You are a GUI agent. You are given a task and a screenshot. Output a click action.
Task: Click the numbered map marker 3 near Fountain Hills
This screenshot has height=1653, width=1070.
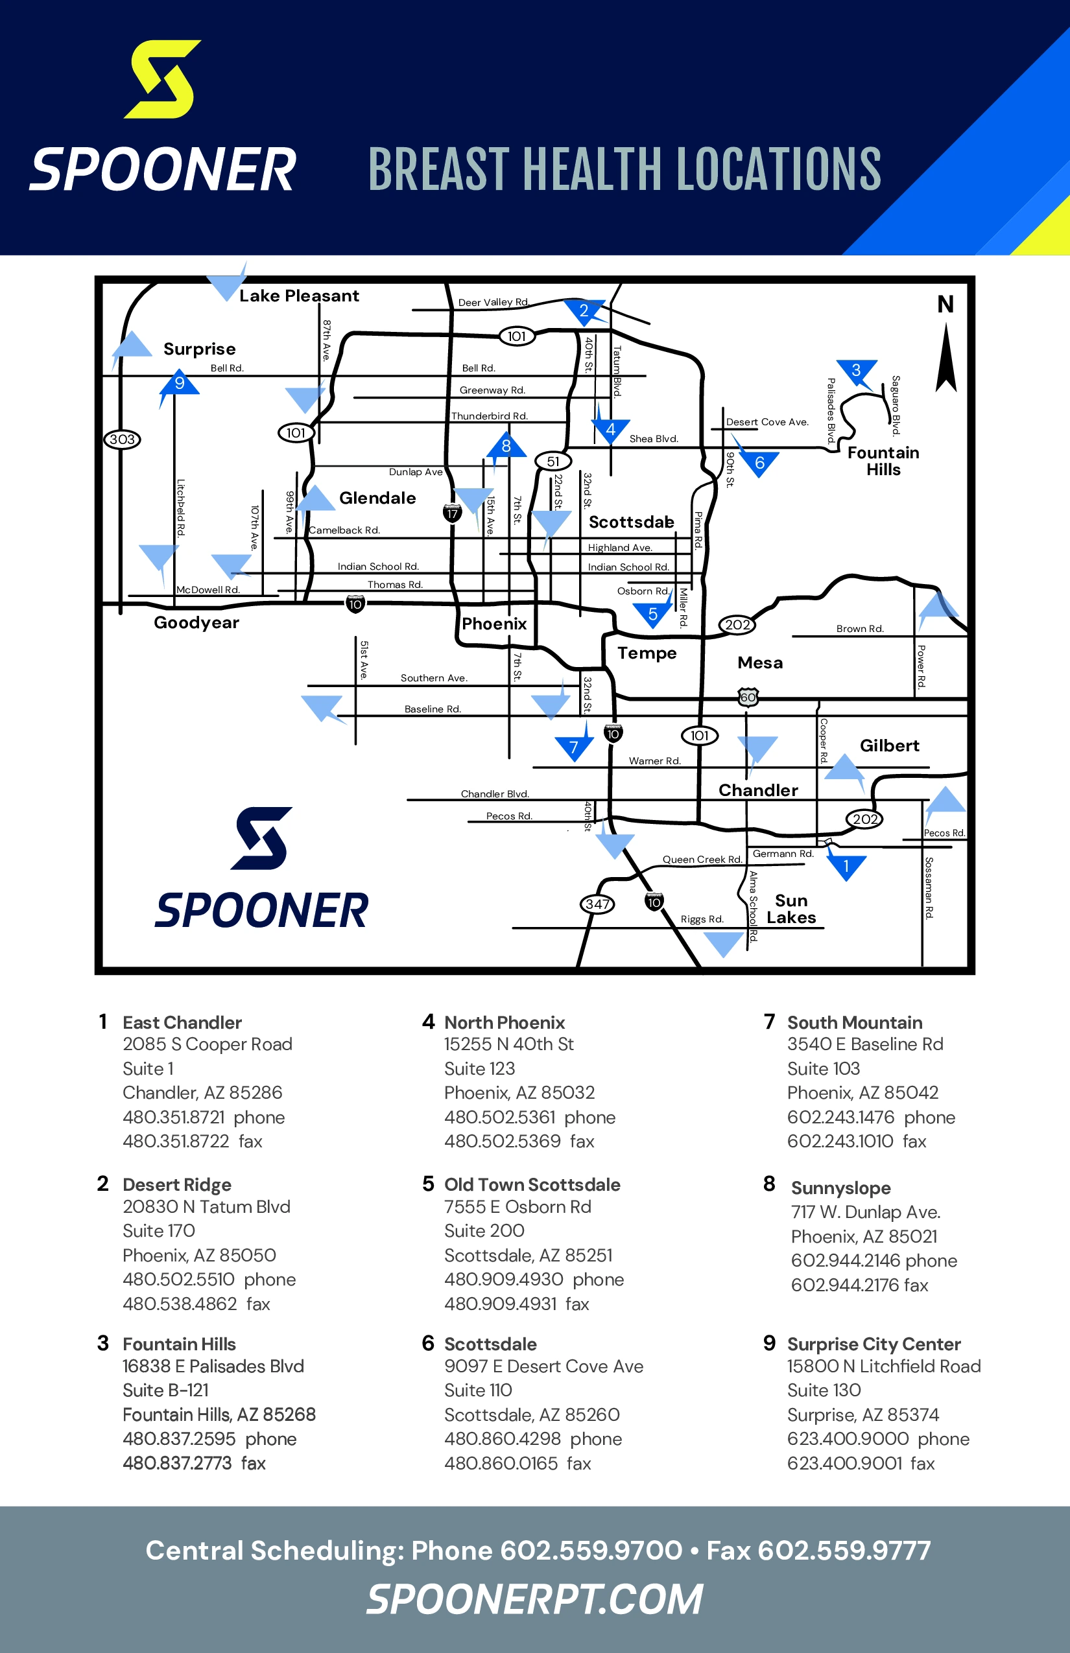click(856, 370)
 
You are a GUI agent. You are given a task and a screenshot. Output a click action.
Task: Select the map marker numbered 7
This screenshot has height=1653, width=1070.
click(574, 747)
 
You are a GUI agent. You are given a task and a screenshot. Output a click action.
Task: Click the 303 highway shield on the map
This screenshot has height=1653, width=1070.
click(123, 439)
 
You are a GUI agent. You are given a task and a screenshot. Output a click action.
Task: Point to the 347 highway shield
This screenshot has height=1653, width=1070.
click(597, 904)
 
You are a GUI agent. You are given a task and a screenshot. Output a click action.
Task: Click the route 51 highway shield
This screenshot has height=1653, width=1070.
click(553, 461)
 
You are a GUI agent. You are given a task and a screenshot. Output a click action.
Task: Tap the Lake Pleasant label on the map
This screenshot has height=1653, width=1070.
click(299, 296)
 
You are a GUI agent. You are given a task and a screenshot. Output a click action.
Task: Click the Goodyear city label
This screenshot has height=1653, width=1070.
click(196, 622)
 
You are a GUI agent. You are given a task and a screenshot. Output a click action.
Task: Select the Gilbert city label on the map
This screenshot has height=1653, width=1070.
click(889, 745)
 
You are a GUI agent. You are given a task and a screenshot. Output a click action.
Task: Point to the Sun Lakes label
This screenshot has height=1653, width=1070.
click(791, 909)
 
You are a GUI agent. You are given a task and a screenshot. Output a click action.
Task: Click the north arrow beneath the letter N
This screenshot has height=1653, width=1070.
click(945, 358)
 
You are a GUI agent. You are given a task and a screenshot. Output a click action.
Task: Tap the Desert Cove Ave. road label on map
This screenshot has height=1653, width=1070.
click(767, 421)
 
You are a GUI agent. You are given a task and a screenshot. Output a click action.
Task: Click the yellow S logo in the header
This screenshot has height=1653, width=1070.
click(163, 79)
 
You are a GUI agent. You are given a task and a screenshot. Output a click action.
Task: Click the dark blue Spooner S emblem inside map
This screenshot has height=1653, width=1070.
click(261, 838)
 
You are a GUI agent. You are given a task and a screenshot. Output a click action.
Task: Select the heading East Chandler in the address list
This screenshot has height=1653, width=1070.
click(182, 1022)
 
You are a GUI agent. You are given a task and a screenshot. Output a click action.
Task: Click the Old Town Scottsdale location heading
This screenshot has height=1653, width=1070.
click(532, 1184)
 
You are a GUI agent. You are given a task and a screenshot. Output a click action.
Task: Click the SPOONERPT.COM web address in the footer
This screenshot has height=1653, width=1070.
click(534, 1600)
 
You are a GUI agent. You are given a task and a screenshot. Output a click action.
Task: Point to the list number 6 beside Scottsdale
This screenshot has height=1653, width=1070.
click(428, 1342)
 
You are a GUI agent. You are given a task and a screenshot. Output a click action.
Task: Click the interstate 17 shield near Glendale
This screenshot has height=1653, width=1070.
click(453, 513)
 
